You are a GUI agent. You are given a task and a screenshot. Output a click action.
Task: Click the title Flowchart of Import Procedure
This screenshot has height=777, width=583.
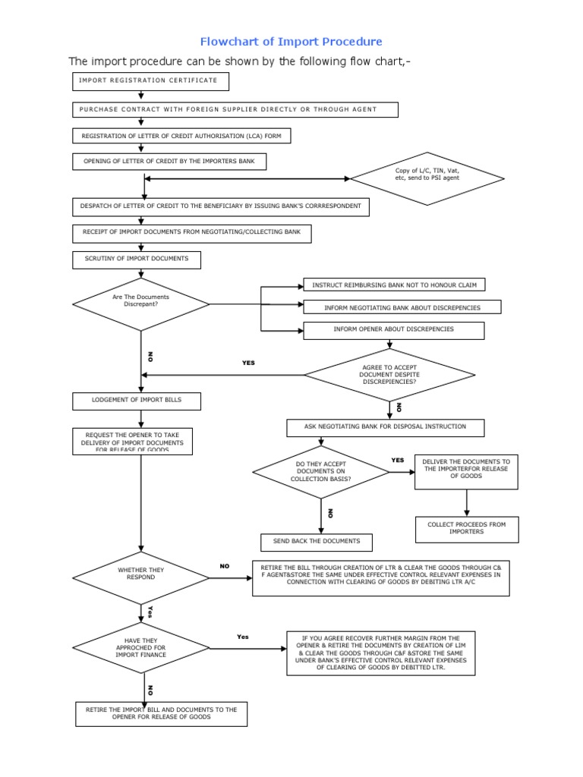click(291, 42)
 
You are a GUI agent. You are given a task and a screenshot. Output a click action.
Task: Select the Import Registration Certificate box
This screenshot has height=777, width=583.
click(150, 80)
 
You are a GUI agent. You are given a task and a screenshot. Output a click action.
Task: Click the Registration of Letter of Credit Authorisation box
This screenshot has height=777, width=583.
click(181, 136)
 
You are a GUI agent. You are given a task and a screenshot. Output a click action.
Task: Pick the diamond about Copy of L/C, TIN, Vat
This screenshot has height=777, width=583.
click(427, 178)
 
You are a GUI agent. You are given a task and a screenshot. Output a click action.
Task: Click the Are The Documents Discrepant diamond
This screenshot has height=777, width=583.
click(140, 304)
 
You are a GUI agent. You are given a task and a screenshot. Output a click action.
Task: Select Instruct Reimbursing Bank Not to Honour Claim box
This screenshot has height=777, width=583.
click(394, 285)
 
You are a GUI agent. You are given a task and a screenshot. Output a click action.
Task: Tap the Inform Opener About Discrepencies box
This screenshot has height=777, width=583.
click(393, 330)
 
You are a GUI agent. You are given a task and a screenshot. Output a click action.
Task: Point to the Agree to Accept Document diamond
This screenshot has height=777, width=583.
click(389, 374)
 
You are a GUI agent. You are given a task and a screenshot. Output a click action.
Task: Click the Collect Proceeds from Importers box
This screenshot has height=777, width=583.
click(466, 529)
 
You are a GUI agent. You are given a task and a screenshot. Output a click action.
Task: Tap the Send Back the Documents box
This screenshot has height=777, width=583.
click(316, 542)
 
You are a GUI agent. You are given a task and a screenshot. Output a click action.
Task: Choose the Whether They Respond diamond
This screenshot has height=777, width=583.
click(140, 577)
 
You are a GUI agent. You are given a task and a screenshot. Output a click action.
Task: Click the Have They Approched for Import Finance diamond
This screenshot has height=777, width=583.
click(140, 648)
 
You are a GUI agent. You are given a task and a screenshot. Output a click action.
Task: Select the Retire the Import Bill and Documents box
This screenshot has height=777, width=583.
click(161, 714)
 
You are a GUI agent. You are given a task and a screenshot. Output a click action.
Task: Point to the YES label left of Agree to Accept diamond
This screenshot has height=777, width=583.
click(248, 363)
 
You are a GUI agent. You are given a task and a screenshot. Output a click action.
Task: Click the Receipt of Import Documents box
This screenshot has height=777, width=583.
click(192, 233)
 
